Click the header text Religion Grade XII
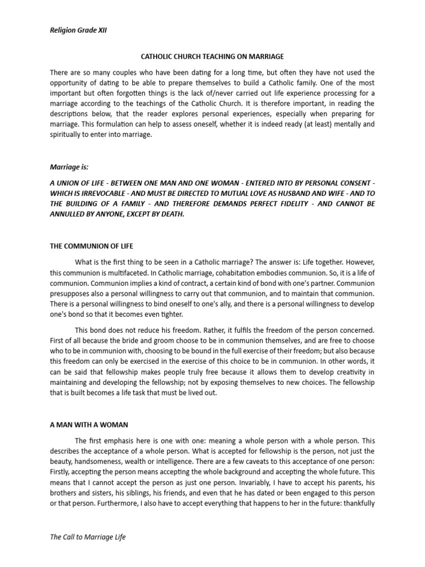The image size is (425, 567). [x=77, y=31]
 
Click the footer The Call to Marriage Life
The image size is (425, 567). [x=87, y=537]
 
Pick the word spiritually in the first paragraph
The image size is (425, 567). [x=69, y=135]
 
